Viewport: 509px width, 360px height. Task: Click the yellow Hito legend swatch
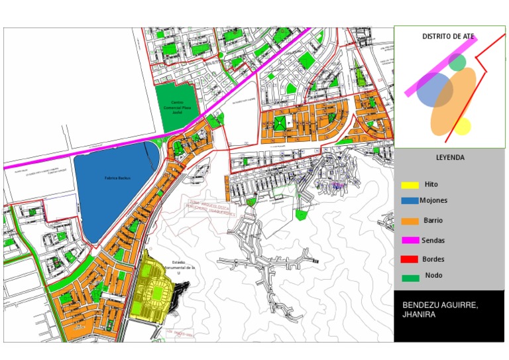coord(410,185)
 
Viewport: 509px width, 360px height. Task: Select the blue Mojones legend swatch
coord(410,201)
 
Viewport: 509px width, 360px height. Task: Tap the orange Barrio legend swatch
coord(410,221)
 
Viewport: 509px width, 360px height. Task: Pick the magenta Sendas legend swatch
coord(410,240)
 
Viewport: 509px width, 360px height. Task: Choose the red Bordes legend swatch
coord(410,259)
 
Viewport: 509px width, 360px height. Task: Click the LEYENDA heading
coord(450,158)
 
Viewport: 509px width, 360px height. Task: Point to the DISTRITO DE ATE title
coord(449,37)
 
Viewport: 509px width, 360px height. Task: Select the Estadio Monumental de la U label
coord(182,267)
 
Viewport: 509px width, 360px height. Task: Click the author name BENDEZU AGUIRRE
coord(440,305)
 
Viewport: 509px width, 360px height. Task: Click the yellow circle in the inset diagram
coord(462,126)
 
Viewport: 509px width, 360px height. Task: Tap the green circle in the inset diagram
coord(457,62)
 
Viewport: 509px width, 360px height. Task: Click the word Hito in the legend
coord(431,185)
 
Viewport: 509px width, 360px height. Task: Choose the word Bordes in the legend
coord(433,259)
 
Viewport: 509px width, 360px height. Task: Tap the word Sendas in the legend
coord(433,241)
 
